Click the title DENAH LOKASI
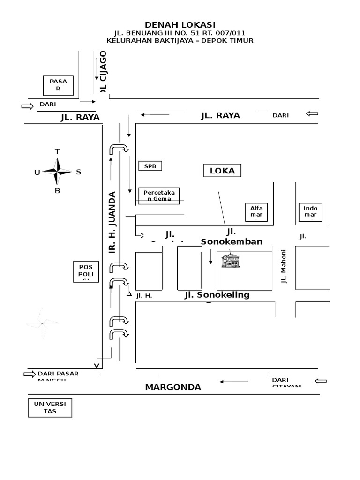pyautogui.click(x=180, y=25)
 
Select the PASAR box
pyautogui.click(x=59, y=85)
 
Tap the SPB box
pyautogui.click(x=150, y=166)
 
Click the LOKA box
pyautogui.click(x=222, y=171)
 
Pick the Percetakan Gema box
pyautogui.click(x=159, y=195)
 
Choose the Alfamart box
pyautogui.click(x=256, y=212)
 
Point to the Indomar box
pyautogui.click(x=310, y=212)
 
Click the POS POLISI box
pyautogui.click(x=86, y=271)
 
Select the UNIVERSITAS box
pyautogui.click(x=50, y=407)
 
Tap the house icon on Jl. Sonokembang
pyautogui.click(x=231, y=261)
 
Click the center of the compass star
pyautogui.click(x=57, y=172)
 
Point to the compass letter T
pyautogui.click(x=57, y=151)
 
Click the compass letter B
pyautogui.click(x=57, y=191)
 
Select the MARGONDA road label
pyautogui.click(x=173, y=387)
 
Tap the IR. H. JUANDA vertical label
pyautogui.click(x=112, y=222)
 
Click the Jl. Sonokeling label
pyautogui.click(x=217, y=295)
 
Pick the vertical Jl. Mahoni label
pyautogui.click(x=283, y=266)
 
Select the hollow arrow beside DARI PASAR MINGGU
pyautogui.click(x=30, y=374)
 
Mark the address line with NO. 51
pyautogui.click(x=180, y=33)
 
